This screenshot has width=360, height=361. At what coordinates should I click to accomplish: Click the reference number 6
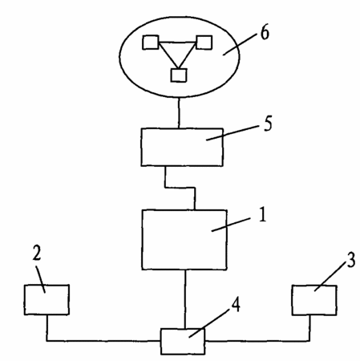tap(265, 33)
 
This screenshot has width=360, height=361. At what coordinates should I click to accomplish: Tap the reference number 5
tap(268, 124)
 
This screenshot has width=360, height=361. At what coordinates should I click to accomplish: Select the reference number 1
tap(263, 214)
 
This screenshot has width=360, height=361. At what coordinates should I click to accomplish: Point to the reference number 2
tap(37, 253)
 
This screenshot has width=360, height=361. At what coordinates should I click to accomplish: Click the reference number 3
tap(351, 260)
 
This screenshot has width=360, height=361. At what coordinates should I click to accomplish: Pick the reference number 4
tap(236, 305)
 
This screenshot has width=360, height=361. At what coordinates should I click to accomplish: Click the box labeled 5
tap(182, 147)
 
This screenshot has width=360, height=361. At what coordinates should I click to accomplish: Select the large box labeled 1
tap(184, 240)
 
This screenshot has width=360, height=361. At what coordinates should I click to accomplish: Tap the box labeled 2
tap(47, 299)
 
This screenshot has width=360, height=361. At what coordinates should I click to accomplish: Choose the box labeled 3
tap(314, 300)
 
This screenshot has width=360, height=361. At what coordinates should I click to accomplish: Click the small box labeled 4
tap(183, 342)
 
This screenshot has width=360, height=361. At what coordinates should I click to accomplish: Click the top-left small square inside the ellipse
tap(151, 43)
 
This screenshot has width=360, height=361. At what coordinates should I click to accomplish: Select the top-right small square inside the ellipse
tap(204, 43)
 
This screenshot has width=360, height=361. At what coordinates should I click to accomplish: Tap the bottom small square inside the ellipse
tap(179, 75)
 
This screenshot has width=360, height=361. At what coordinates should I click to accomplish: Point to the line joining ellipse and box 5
tap(179, 113)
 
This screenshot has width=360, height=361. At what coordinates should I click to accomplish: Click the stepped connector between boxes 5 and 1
tap(180, 188)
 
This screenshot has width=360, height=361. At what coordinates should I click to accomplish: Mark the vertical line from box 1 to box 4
tap(184, 299)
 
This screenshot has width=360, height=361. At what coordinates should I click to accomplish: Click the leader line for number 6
tap(238, 45)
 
